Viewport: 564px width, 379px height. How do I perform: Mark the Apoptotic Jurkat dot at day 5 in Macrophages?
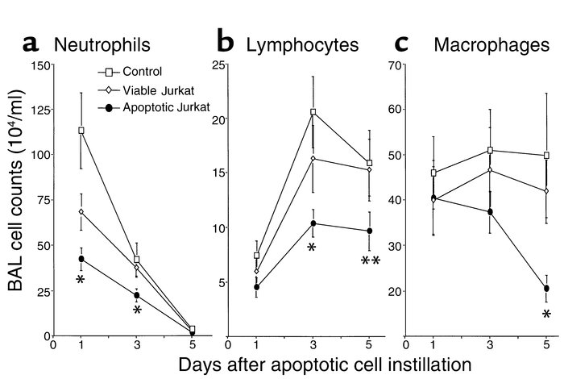pyautogui.click(x=547, y=288)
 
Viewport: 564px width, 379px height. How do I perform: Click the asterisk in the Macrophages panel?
pyautogui.click(x=547, y=314)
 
